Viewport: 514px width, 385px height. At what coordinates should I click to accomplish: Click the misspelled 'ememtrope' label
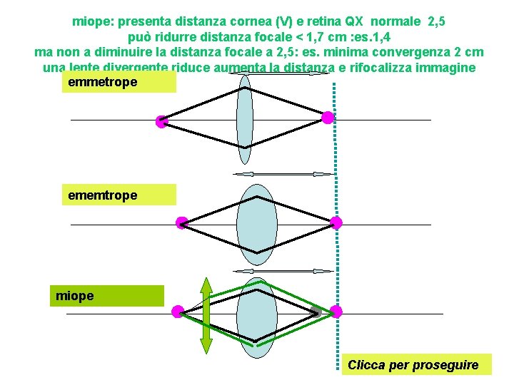[x=118, y=195]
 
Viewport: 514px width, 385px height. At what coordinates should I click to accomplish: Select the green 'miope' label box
[x=106, y=295]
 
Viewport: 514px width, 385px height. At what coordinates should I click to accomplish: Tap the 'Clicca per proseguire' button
[x=413, y=364]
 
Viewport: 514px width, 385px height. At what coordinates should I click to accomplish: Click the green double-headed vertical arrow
[x=206, y=315]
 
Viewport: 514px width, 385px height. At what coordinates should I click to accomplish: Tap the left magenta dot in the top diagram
[x=161, y=121]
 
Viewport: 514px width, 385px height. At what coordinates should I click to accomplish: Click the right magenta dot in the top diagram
[x=328, y=118]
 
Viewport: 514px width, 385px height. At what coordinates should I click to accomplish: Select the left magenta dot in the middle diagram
[x=182, y=222]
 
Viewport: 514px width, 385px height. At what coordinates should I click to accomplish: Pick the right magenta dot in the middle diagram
[x=336, y=222]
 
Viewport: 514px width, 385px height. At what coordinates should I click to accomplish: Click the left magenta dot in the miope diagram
[x=178, y=312]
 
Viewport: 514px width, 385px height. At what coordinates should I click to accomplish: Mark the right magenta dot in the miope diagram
[x=336, y=312]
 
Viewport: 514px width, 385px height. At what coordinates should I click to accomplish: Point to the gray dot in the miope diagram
[x=315, y=310]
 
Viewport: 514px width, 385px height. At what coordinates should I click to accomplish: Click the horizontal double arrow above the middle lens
[x=283, y=174]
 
